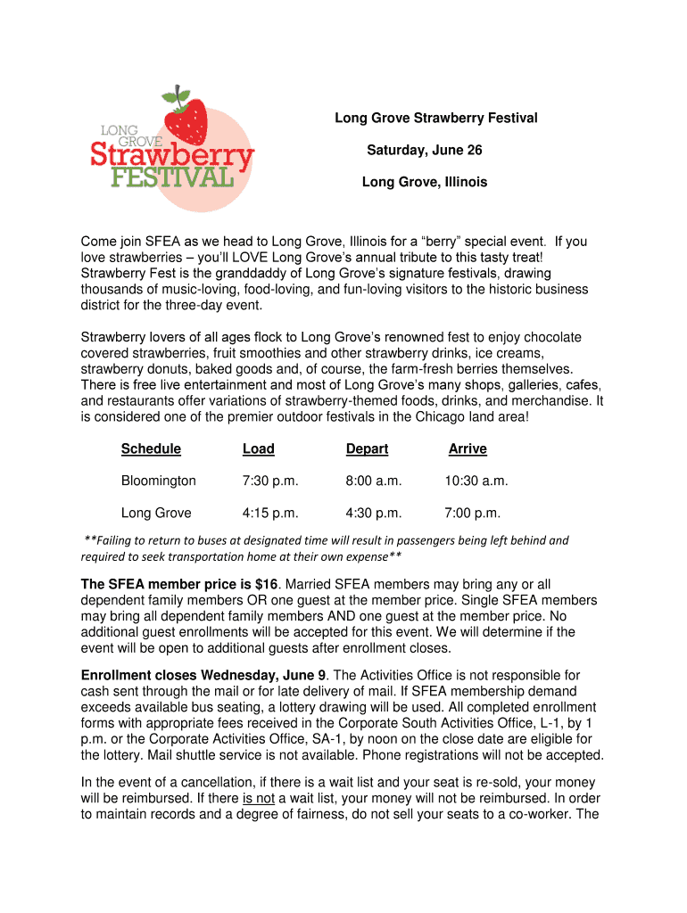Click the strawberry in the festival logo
click(x=186, y=119)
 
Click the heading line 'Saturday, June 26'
click(x=424, y=150)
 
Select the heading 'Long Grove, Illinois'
click(x=424, y=182)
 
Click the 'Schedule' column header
click(x=151, y=448)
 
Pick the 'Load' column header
click(x=258, y=448)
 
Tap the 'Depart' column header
click(x=367, y=448)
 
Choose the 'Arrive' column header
click(x=468, y=448)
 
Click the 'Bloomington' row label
click(x=158, y=481)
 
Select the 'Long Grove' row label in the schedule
click(x=156, y=513)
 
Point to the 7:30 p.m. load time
click(x=269, y=481)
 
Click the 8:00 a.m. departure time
click(x=374, y=481)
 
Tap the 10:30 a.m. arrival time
click(x=476, y=481)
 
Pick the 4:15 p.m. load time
click(x=269, y=513)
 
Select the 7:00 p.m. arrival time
click(x=472, y=513)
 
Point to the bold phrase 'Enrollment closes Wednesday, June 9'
click(x=203, y=675)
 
